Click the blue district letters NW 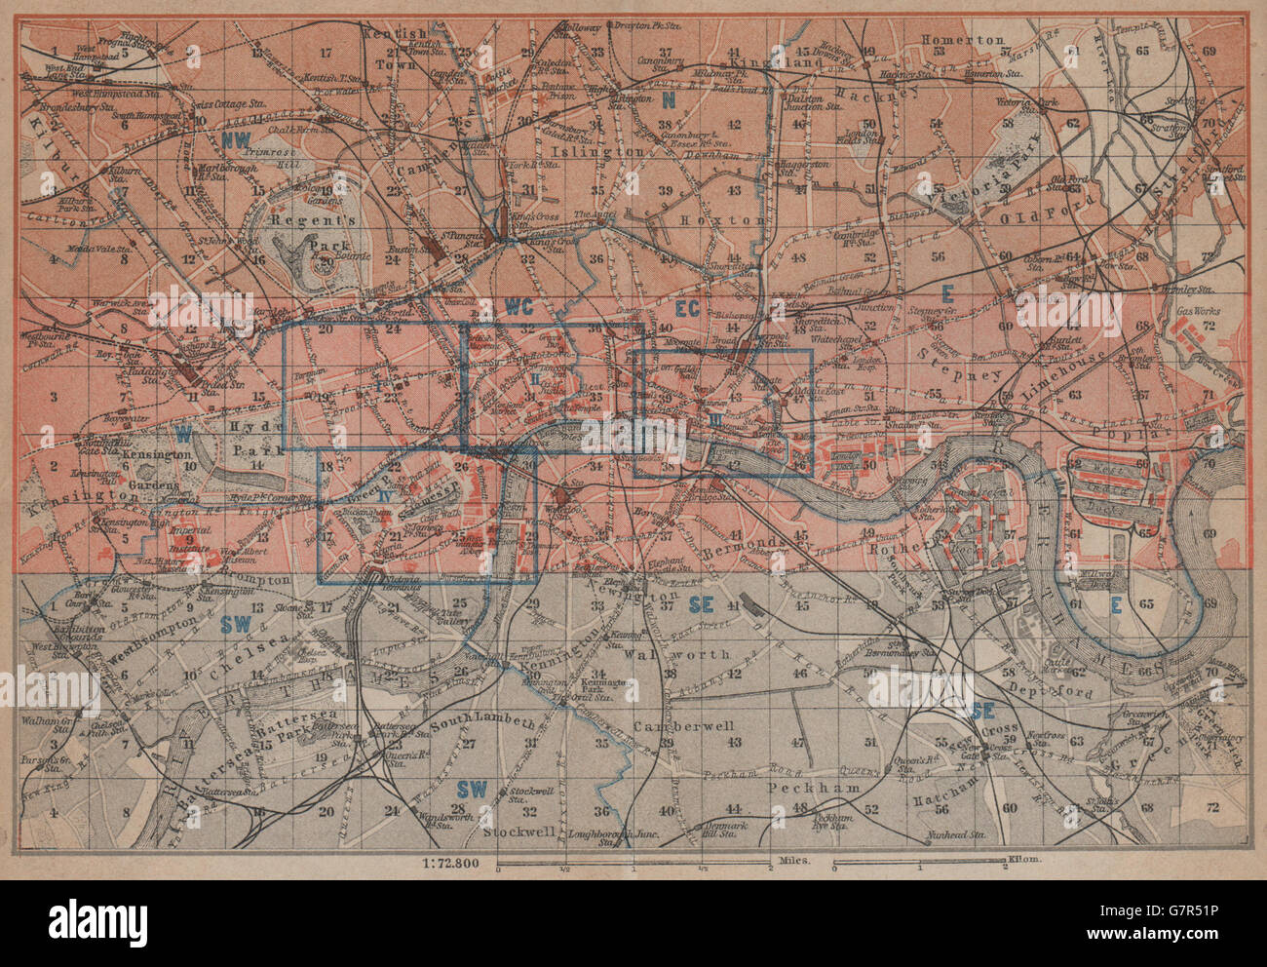point(238,139)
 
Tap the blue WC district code point(517,306)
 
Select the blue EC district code point(688,308)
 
